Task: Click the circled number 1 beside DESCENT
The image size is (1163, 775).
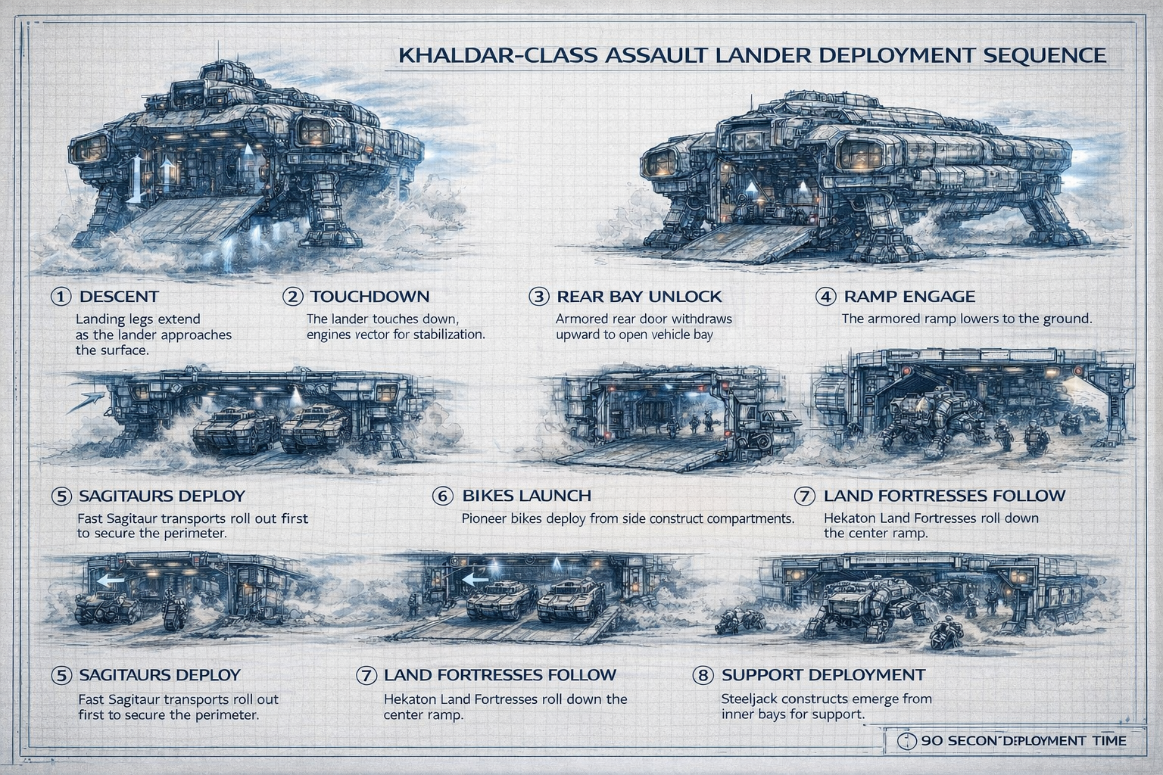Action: pyautogui.click(x=61, y=297)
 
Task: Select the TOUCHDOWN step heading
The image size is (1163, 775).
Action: pyautogui.click(x=369, y=297)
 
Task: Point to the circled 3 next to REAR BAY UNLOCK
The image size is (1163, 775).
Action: pyautogui.click(x=538, y=297)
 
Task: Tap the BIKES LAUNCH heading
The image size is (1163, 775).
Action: pyautogui.click(x=526, y=496)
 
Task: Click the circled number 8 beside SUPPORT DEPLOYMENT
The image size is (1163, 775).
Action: pyautogui.click(x=703, y=675)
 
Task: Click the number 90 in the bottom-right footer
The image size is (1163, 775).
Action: pyautogui.click(x=932, y=741)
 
